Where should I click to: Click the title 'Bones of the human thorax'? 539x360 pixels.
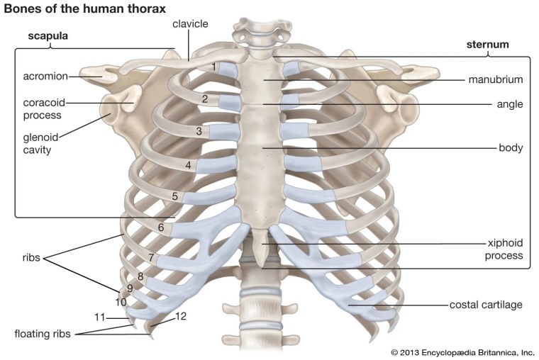(x=85, y=9)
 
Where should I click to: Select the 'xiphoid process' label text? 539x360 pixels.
(x=504, y=249)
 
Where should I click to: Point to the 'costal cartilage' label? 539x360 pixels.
(x=486, y=305)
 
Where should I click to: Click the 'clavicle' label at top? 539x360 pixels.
(x=190, y=24)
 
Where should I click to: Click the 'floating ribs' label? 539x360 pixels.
(x=43, y=332)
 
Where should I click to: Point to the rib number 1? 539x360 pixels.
(x=213, y=67)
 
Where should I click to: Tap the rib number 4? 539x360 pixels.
(x=189, y=165)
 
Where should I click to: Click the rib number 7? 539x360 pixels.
(x=151, y=256)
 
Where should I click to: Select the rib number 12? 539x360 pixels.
(x=180, y=316)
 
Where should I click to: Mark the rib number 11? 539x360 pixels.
(x=100, y=316)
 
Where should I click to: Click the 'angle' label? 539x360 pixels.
(x=510, y=104)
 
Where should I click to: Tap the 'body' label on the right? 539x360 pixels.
(x=511, y=148)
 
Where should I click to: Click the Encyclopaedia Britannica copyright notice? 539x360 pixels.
(x=462, y=351)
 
